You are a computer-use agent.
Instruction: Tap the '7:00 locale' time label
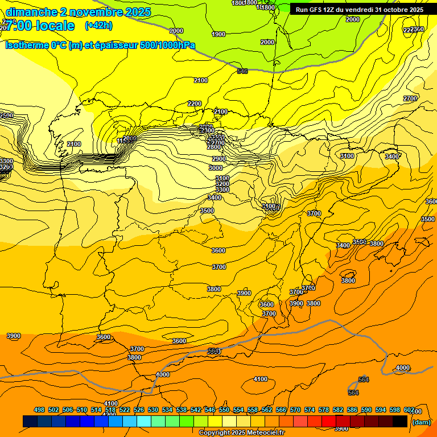pos(40,26)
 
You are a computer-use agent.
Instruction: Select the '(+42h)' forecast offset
pos(98,26)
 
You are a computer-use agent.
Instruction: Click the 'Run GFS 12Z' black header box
pos(359,10)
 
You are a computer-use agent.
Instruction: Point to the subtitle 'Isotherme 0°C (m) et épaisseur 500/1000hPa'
pos(100,45)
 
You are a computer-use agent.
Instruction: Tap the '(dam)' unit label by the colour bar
pos(421,422)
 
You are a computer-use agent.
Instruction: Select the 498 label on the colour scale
pos(39,410)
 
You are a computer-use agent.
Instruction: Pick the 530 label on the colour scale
pos(153,410)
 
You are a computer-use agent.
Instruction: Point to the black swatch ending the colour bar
pos(400,421)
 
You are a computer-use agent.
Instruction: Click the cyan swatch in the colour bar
pos(144,421)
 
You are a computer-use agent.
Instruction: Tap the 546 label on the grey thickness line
pos(242,71)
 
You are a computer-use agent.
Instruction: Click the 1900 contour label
pos(218,34)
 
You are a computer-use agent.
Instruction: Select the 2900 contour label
pos(219,159)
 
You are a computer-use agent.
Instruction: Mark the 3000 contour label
pos(216,168)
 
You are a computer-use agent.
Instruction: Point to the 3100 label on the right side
pos(347,156)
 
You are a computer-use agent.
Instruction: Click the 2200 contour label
pos(195,104)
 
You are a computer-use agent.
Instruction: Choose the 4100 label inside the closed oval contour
pos(261,379)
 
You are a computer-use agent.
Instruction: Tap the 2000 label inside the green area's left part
pos(176,31)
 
